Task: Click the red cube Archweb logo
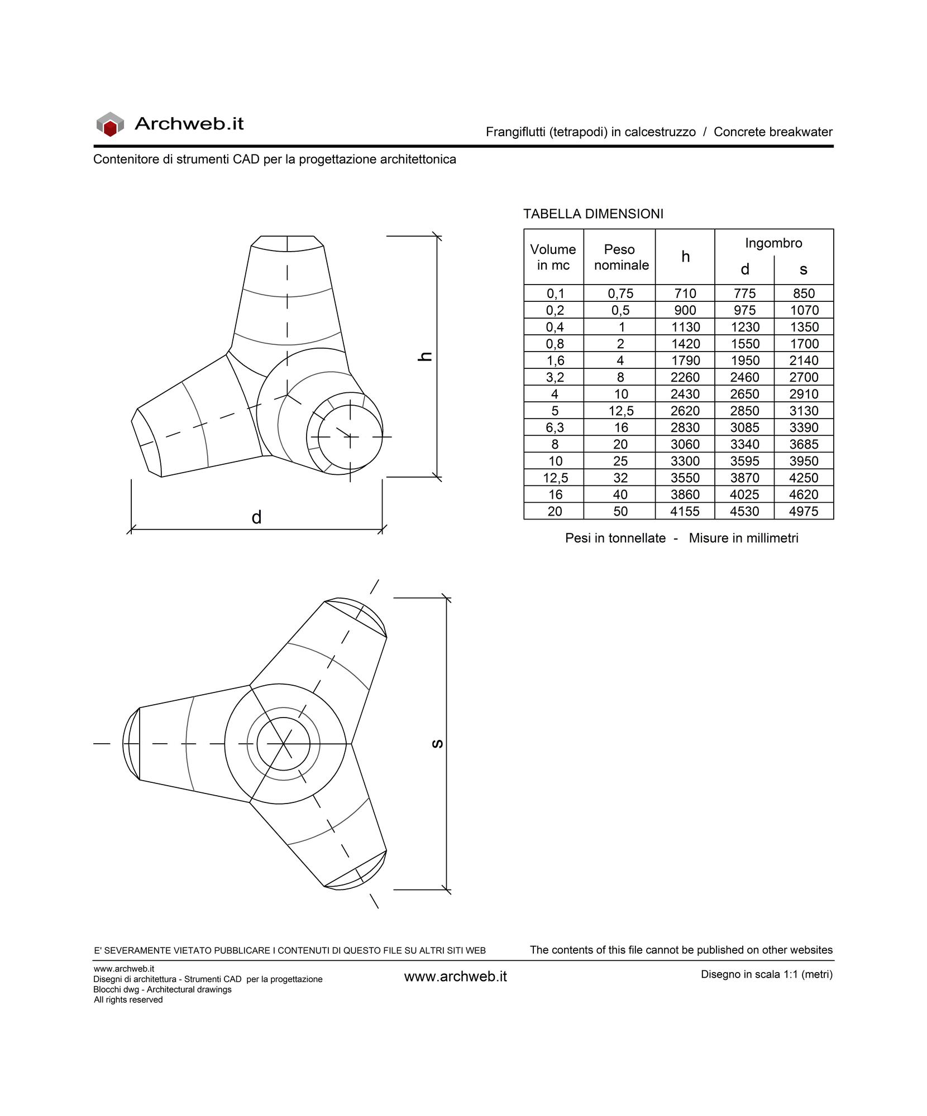(109, 124)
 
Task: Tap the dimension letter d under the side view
(256, 518)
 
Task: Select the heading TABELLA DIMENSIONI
(593, 214)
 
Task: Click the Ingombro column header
(773, 243)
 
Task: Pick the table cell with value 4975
(804, 511)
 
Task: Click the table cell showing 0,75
(620, 294)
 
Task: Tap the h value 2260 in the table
(685, 377)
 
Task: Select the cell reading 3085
(744, 427)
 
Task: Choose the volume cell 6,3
(555, 427)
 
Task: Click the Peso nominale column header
(620, 257)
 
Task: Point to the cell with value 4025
(744, 494)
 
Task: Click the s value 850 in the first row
(804, 294)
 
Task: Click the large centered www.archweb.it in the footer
(455, 977)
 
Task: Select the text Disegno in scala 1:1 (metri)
(766, 974)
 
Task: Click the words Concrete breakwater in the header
(773, 132)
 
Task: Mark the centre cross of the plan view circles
(283, 744)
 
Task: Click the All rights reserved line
(128, 999)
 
